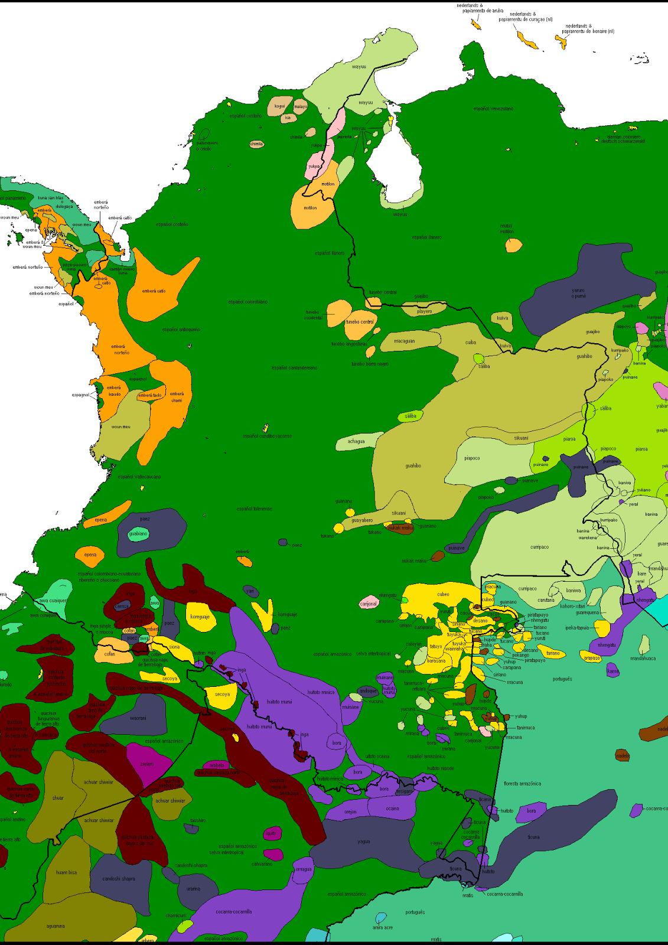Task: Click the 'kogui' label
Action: (279, 106)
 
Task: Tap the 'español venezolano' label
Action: (493, 109)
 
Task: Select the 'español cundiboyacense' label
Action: (267, 436)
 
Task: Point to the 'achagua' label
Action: (356, 441)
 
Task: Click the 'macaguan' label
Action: (405, 341)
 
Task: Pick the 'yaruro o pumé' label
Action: (578, 293)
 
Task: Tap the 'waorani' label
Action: (138, 718)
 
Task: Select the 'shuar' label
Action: (58, 798)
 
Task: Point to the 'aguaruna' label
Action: (56, 926)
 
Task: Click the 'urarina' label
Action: (193, 888)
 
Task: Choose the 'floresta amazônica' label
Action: (522, 784)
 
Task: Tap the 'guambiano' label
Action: (138, 533)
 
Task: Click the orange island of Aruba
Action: (475, 24)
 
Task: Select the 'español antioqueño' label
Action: (181, 330)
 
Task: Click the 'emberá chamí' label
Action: (177, 397)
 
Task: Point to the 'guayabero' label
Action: (362, 520)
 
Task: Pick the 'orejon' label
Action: (350, 812)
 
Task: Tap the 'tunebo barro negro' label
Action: (370, 364)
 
